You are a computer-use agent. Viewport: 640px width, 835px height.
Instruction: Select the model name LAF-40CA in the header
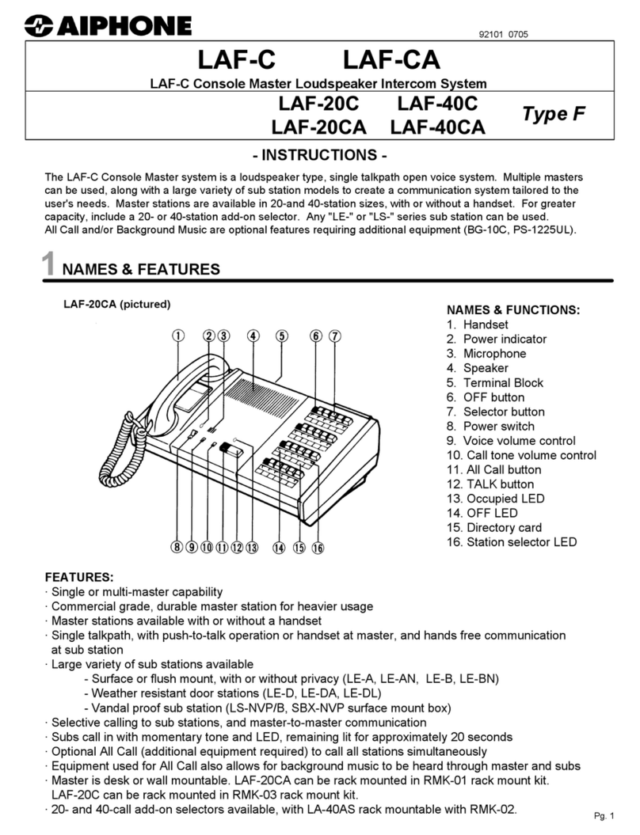[437, 127]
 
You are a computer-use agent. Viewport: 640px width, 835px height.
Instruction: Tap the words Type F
[554, 114]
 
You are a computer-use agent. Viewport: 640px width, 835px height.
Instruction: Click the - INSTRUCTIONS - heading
[320, 154]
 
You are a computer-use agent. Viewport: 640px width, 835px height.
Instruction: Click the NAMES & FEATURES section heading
[141, 270]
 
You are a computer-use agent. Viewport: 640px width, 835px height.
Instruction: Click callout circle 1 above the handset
[179, 336]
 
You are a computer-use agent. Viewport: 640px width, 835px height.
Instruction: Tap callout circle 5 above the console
[282, 336]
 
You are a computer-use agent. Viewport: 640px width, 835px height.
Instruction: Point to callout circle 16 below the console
[318, 547]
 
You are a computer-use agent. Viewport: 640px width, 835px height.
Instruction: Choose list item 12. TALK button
[490, 484]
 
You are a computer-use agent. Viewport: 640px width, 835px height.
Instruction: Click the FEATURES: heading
[79, 577]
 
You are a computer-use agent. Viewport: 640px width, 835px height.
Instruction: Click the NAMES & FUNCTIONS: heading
[513, 309]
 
